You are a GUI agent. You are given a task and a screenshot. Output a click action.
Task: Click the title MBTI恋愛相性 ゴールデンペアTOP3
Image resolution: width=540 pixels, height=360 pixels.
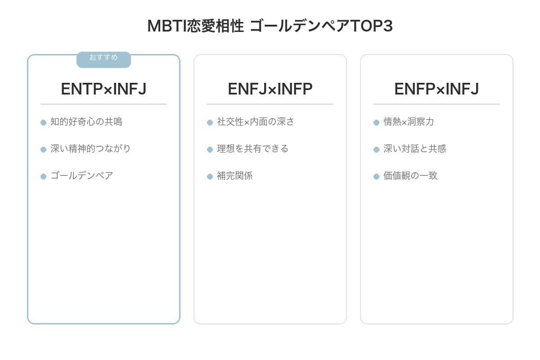[270, 26]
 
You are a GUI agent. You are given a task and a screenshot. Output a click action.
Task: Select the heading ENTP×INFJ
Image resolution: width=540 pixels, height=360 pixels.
[103, 89]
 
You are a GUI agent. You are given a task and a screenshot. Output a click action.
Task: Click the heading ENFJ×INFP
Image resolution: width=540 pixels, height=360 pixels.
[270, 89]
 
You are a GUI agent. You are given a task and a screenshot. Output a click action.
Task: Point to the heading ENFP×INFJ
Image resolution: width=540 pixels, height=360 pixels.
[436, 89]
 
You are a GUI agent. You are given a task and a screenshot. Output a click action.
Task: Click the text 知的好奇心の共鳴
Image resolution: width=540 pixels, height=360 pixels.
[86, 122]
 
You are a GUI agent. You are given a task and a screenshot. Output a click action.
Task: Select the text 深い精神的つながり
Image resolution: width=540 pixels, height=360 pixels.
[91, 149]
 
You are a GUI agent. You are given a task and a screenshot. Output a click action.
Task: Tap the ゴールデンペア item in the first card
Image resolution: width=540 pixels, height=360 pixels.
[82, 176]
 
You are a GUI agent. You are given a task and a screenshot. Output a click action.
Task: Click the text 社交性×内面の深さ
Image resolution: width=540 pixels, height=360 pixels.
[256, 122]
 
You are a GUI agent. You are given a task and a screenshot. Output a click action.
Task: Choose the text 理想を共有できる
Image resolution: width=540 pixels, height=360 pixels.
[253, 149]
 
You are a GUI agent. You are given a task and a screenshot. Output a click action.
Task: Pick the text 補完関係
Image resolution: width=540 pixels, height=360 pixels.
[235, 176]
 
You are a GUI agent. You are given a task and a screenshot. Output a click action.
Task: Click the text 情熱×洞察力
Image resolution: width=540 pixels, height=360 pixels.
[409, 122]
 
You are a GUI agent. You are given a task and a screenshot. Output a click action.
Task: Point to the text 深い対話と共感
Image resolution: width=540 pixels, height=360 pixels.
[415, 149]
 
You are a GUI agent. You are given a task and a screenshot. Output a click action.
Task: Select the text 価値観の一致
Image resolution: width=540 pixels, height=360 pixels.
[410, 176]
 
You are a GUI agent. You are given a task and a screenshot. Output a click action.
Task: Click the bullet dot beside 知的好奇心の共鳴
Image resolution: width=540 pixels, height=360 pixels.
[44, 122]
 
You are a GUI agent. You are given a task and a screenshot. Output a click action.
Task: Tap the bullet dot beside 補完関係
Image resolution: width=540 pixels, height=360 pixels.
[210, 176]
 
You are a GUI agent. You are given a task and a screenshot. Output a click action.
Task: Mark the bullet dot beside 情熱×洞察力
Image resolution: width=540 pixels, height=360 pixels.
[377, 122]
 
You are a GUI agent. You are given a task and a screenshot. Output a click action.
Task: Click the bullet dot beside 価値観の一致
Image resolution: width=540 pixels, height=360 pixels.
[377, 176]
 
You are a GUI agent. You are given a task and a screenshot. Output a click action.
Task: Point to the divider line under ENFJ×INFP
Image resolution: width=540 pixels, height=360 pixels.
[270, 104]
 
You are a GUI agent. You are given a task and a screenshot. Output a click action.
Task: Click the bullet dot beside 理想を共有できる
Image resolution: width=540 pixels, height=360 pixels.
[210, 149]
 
